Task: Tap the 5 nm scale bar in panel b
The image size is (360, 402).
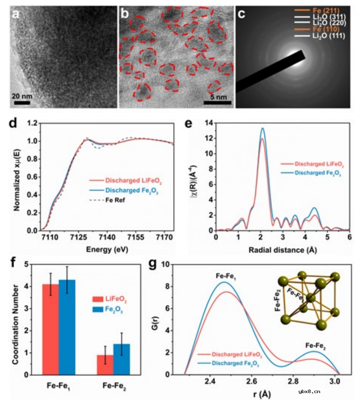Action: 217,102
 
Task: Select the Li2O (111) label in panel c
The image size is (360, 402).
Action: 329,36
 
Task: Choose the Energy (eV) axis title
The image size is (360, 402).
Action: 107,249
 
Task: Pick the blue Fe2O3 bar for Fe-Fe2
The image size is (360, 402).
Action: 121,359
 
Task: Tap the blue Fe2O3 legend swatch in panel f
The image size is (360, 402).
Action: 98,309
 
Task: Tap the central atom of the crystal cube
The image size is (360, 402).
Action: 311,298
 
